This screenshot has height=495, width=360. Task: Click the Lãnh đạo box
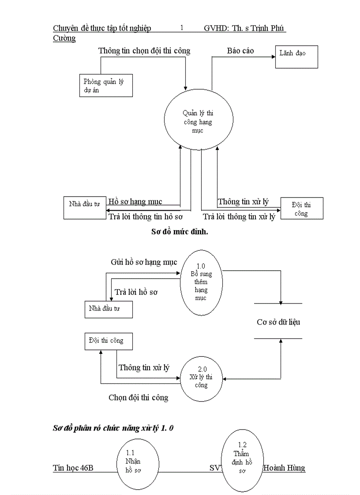click(x=296, y=57)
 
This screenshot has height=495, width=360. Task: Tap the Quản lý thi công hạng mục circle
click(x=198, y=119)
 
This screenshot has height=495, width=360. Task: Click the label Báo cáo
click(x=240, y=51)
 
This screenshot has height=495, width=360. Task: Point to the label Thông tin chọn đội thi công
click(x=144, y=51)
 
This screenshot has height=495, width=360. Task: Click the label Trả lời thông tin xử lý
click(x=239, y=216)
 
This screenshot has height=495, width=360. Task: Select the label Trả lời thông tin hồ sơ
click(x=146, y=216)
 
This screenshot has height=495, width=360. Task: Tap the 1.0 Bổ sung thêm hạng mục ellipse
click(x=201, y=283)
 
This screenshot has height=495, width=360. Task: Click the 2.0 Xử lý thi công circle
click(x=201, y=378)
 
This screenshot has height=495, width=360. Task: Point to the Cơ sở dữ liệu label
click(x=278, y=322)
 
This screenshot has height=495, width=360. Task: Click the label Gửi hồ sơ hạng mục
click(x=144, y=262)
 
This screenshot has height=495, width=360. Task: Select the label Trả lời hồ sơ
click(x=136, y=292)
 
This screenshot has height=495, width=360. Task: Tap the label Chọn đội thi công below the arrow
click(x=139, y=398)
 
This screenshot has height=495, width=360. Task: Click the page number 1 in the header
click(x=182, y=28)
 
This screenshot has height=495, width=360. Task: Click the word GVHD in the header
click(x=216, y=29)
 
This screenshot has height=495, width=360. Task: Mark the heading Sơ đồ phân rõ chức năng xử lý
click(x=113, y=428)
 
